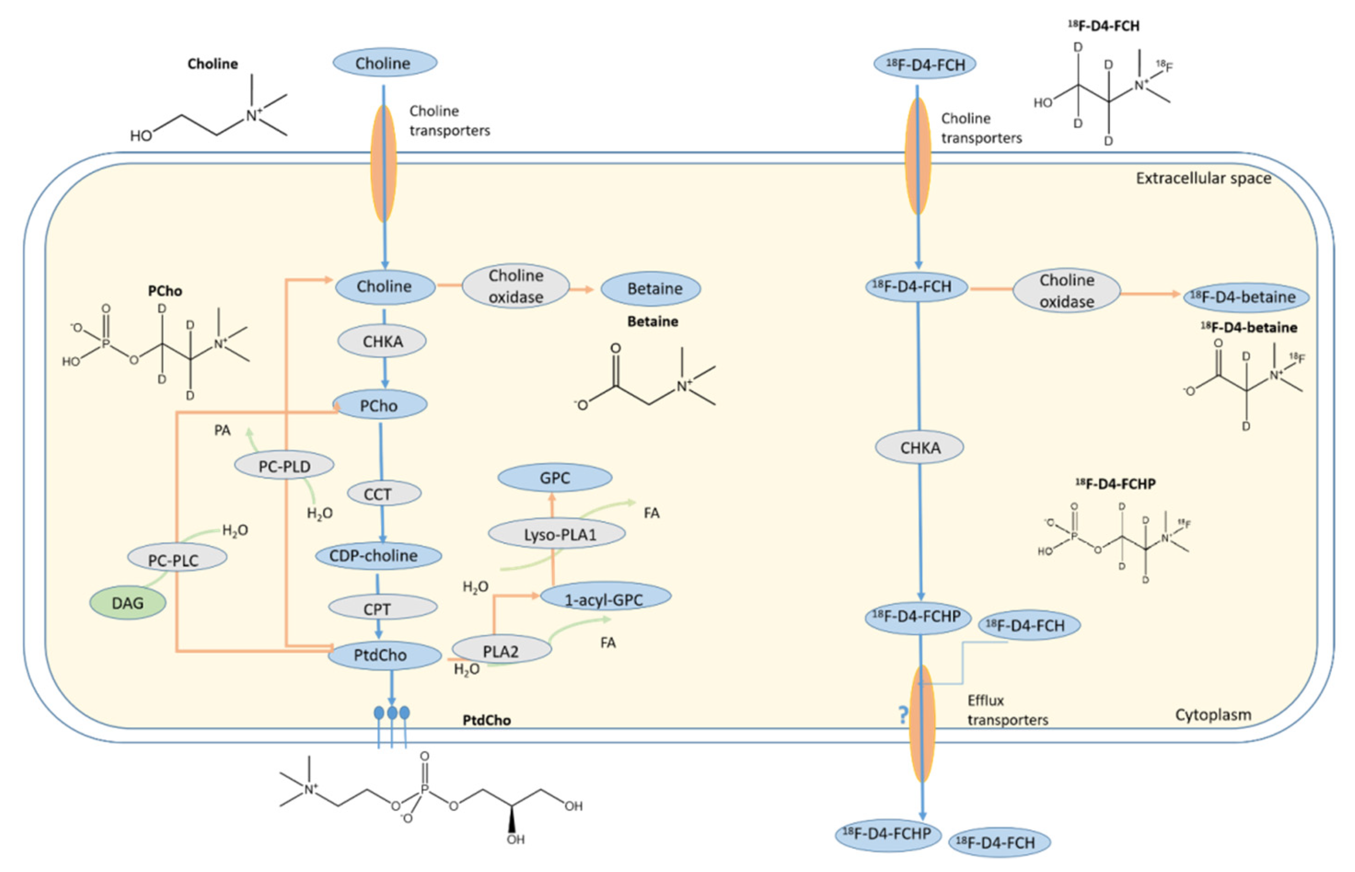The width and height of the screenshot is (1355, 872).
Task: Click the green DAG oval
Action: [x=127, y=603]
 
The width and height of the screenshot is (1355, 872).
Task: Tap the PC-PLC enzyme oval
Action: [x=177, y=560]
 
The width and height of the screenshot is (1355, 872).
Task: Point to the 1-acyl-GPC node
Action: [x=605, y=599]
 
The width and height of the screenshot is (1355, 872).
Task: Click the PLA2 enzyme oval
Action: [x=501, y=651]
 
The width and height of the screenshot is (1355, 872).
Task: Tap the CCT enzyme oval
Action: [x=383, y=494]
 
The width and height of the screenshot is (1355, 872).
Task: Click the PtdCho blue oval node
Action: [x=384, y=655]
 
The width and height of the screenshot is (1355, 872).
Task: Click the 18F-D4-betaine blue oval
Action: [x=1246, y=297]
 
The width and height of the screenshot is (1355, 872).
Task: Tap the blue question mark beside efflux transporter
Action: [x=903, y=715]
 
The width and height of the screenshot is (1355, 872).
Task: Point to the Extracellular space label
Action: [x=1203, y=179]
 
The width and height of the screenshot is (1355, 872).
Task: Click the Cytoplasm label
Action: [x=1213, y=715]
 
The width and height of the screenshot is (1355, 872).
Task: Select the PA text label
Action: [x=222, y=431]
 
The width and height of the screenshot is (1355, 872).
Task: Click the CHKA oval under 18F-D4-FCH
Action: [x=919, y=448]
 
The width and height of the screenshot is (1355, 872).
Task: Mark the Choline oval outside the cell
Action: [x=384, y=63]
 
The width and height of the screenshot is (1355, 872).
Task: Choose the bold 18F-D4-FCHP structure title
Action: [x=1115, y=484]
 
